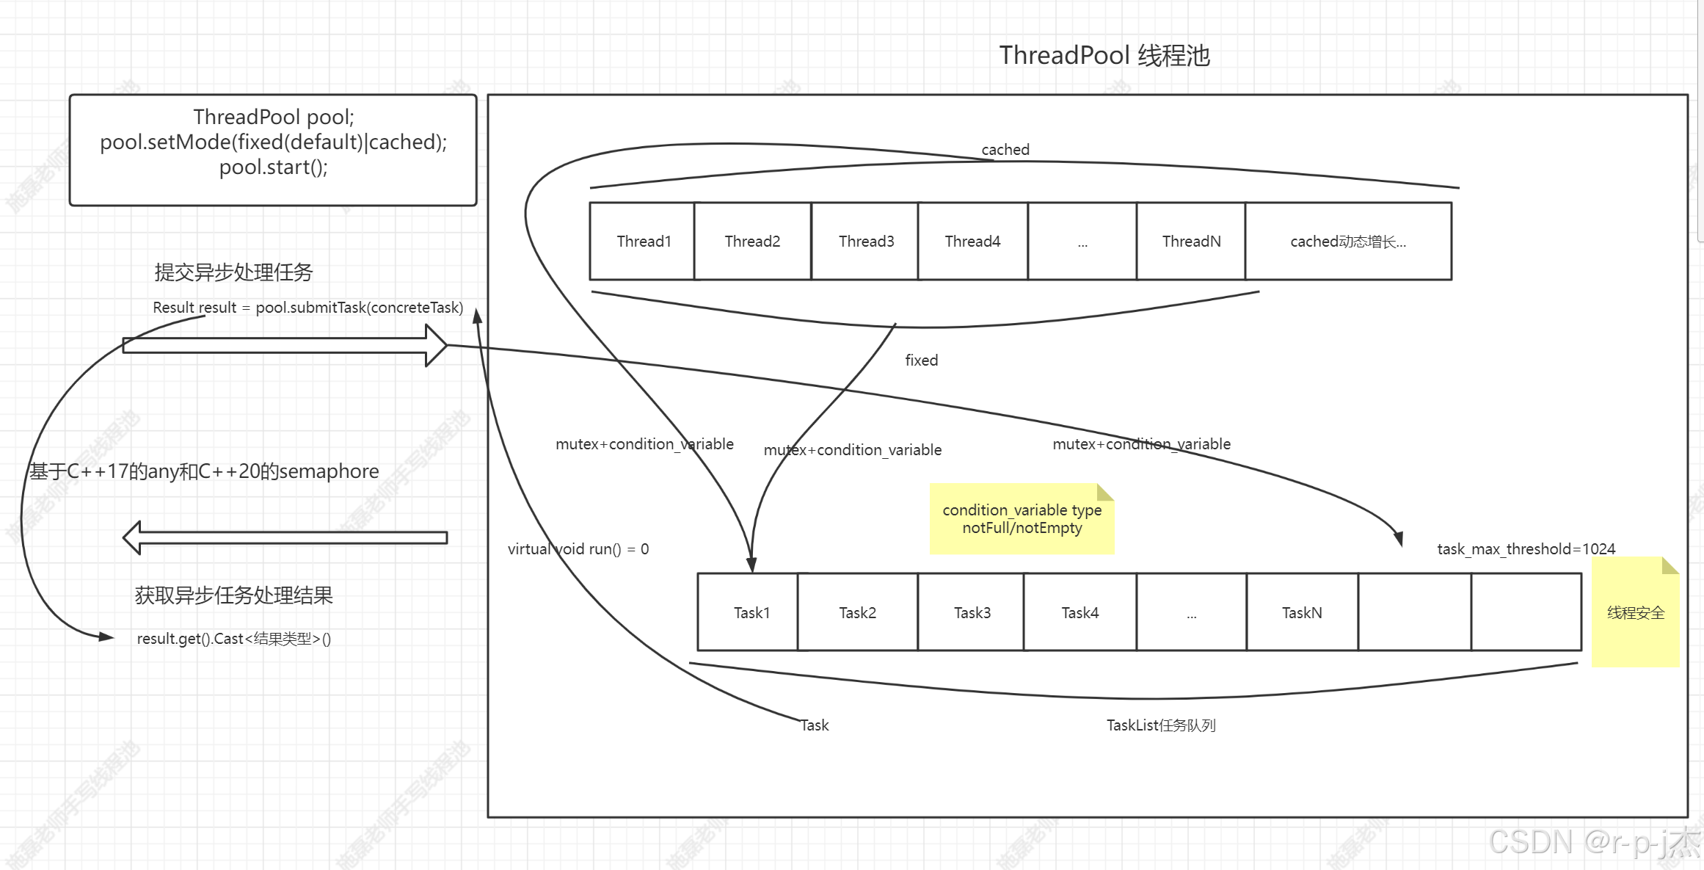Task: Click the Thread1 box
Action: pyautogui.click(x=643, y=242)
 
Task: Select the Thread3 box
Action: pyautogui.click(x=866, y=242)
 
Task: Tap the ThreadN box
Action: pyautogui.click(x=1191, y=242)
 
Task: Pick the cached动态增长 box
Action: pyautogui.click(x=1348, y=242)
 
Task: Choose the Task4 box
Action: pyautogui.click(x=1079, y=613)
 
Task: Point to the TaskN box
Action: pyautogui.click(x=1302, y=613)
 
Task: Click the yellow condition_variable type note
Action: pyautogui.click(x=1022, y=519)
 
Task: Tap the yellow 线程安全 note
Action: pyautogui.click(x=1635, y=613)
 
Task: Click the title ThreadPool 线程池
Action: pyautogui.click(x=1104, y=56)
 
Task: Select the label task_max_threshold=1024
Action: pyautogui.click(x=1526, y=549)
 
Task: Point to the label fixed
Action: pyautogui.click(x=921, y=360)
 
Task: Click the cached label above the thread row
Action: pyautogui.click(x=1005, y=150)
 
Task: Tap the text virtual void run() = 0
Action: pyautogui.click(x=578, y=549)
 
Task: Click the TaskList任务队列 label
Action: pyautogui.click(x=1161, y=725)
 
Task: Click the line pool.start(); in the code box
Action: pyautogui.click(x=273, y=167)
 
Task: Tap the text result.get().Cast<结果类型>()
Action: pyautogui.click(x=233, y=639)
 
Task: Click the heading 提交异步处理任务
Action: pyautogui.click(x=233, y=272)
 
